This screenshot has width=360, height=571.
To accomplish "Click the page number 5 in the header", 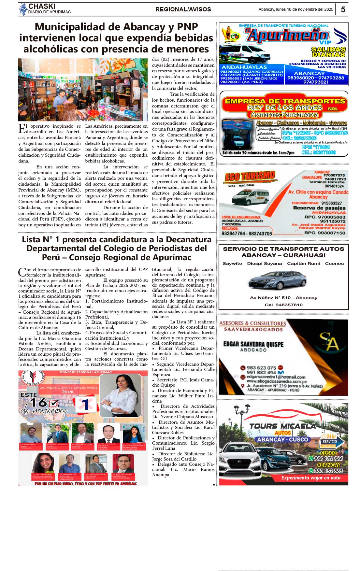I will click(343, 9).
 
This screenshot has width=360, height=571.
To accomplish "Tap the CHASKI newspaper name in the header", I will click(42, 6).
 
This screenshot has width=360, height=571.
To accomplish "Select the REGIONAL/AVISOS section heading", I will click(183, 9).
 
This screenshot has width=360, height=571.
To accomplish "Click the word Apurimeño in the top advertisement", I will click(287, 36).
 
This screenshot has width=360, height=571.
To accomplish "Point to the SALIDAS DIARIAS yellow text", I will click(328, 52).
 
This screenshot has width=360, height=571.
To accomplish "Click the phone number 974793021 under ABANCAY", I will click(316, 82).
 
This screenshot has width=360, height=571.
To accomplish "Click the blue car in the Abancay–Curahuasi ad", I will click(277, 280).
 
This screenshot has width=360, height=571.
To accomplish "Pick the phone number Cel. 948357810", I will click(283, 305).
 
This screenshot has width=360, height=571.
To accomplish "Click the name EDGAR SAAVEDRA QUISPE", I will click(253, 344).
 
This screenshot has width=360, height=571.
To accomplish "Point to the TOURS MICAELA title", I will click(282, 426).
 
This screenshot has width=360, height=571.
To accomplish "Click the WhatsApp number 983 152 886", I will click(328, 458).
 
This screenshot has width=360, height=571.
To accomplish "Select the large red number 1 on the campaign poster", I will click(86, 405).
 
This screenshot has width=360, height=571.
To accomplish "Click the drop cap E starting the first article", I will click(22, 129).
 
